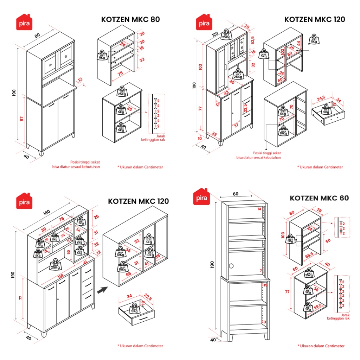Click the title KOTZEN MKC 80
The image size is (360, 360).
[130, 19]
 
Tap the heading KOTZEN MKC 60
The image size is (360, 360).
[319, 198]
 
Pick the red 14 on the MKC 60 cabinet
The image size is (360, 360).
[259, 209]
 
